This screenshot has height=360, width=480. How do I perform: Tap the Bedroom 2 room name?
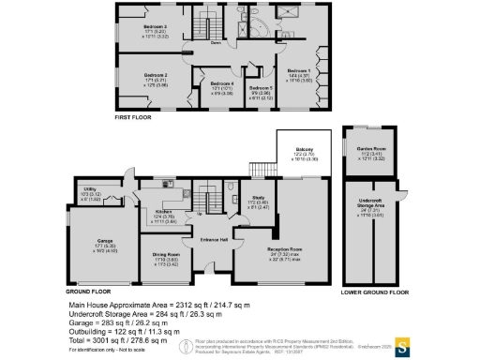click(x=156, y=74)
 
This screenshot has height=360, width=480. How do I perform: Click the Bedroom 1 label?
click(x=299, y=70)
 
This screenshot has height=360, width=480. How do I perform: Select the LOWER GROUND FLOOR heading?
click(x=376, y=292)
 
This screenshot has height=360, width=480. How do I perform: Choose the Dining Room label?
click(x=166, y=255)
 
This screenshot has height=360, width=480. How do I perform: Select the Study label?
click(x=261, y=197)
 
